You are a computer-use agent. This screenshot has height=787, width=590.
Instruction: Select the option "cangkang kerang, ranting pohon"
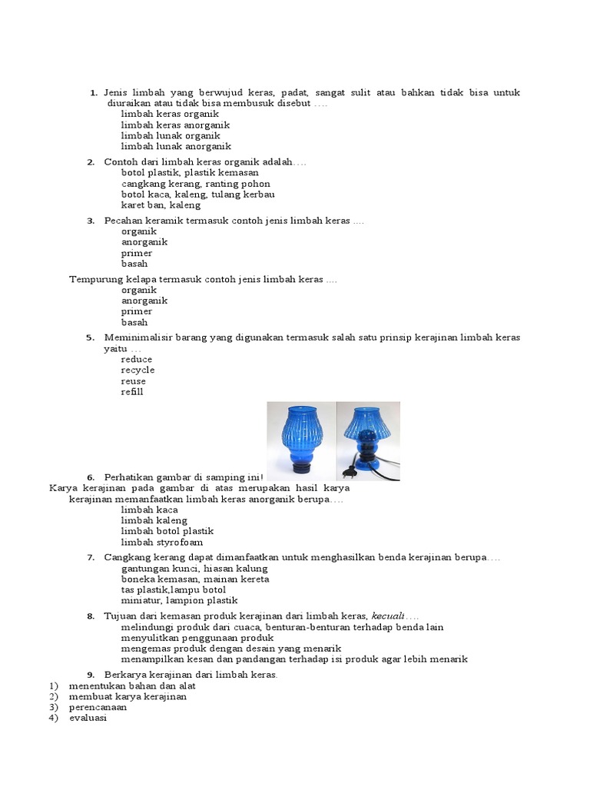click(x=195, y=184)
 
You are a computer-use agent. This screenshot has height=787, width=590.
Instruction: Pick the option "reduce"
click(x=137, y=359)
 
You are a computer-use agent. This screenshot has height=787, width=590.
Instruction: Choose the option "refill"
click(x=132, y=392)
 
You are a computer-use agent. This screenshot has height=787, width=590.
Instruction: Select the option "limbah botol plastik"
click(x=167, y=531)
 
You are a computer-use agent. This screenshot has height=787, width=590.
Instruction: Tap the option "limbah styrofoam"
click(x=161, y=542)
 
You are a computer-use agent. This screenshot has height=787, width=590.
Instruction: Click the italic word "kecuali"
click(x=388, y=616)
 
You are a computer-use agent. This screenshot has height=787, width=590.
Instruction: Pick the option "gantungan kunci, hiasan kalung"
click(x=194, y=569)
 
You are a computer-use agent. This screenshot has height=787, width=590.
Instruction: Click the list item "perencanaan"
click(x=98, y=707)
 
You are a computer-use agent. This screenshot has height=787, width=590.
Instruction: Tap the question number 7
click(x=90, y=557)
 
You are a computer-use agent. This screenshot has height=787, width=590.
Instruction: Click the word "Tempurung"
click(x=93, y=279)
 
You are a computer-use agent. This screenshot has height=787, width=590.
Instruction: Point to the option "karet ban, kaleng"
click(x=161, y=205)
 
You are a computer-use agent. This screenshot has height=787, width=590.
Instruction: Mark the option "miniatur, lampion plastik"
click(x=179, y=600)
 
